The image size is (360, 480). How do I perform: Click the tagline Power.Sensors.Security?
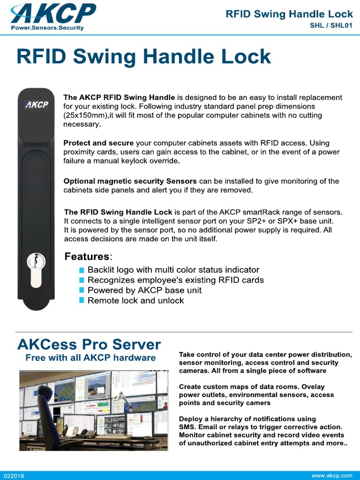(x=47, y=28)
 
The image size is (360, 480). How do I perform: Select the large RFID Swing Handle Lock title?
(x=143, y=57)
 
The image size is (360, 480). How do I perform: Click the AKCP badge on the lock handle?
(x=36, y=105)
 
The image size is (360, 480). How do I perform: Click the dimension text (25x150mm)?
(x=86, y=115)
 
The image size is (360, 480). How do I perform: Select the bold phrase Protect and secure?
(x=98, y=143)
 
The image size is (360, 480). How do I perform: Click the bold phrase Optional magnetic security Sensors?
(x=130, y=181)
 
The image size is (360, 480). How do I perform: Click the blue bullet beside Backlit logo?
(x=82, y=270)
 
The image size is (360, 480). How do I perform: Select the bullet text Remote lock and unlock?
(x=135, y=300)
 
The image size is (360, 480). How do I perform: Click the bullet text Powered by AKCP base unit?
(x=144, y=290)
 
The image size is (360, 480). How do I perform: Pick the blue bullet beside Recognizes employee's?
(x=82, y=280)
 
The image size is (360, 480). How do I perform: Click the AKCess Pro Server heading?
(x=89, y=345)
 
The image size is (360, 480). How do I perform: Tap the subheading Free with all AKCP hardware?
(x=90, y=358)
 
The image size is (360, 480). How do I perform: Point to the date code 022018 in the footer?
(x=14, y=476)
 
